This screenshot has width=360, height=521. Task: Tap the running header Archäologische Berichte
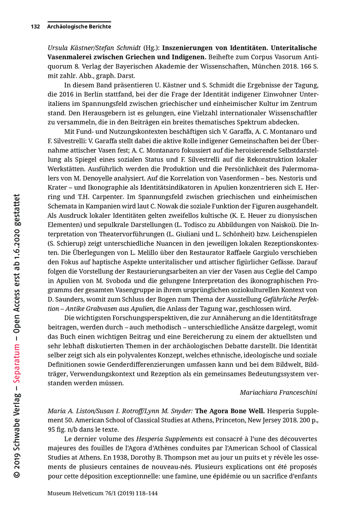(79, 27)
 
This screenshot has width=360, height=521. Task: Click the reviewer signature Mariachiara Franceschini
(278, 392)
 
